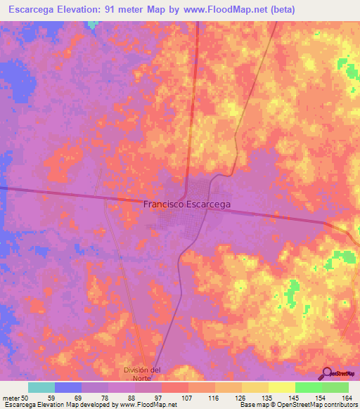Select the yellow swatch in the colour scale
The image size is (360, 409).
[281, 387]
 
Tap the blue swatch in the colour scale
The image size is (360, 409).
[68, 387]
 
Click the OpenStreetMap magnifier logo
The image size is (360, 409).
[327, 374]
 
